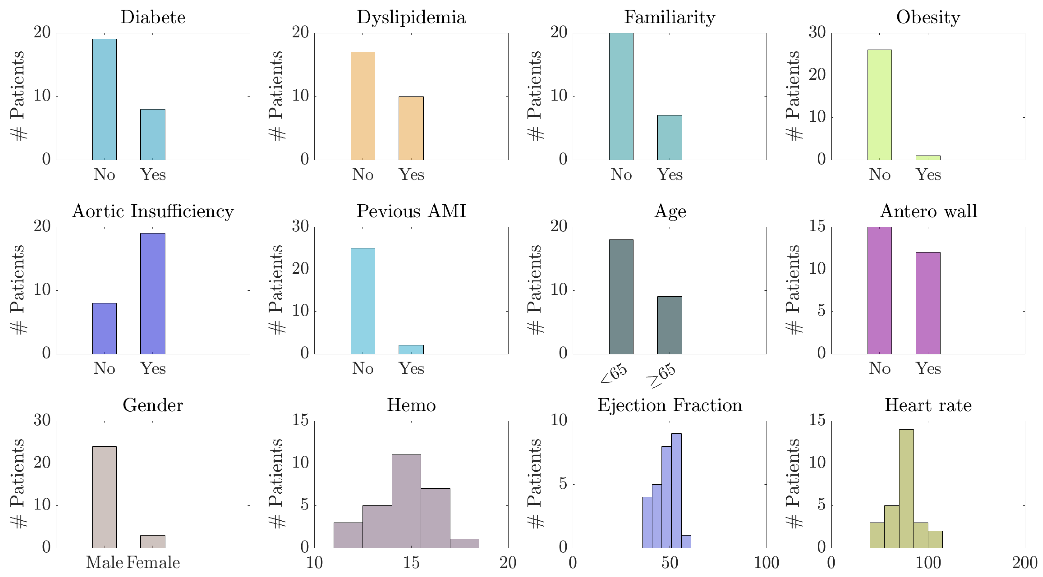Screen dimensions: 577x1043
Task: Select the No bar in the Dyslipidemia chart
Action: (362, 106)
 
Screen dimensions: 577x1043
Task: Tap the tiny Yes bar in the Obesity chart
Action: (928, 158)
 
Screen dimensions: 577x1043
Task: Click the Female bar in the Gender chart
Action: (152, 541)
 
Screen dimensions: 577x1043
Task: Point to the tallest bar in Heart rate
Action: (906, 488)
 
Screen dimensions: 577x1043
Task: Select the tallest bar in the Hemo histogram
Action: (406, 501)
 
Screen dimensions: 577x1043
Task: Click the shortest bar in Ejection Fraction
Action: (686, 541)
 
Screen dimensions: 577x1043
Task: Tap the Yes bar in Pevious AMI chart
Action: (411, 350)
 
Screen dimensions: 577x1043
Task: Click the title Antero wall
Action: (928, 211)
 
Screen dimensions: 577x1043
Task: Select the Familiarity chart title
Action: (669, 17)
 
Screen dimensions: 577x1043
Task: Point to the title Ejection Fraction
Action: (669, 405)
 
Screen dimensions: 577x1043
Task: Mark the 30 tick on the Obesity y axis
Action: (817, 32)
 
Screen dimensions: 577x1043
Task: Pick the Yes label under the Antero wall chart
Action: (928, 369)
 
